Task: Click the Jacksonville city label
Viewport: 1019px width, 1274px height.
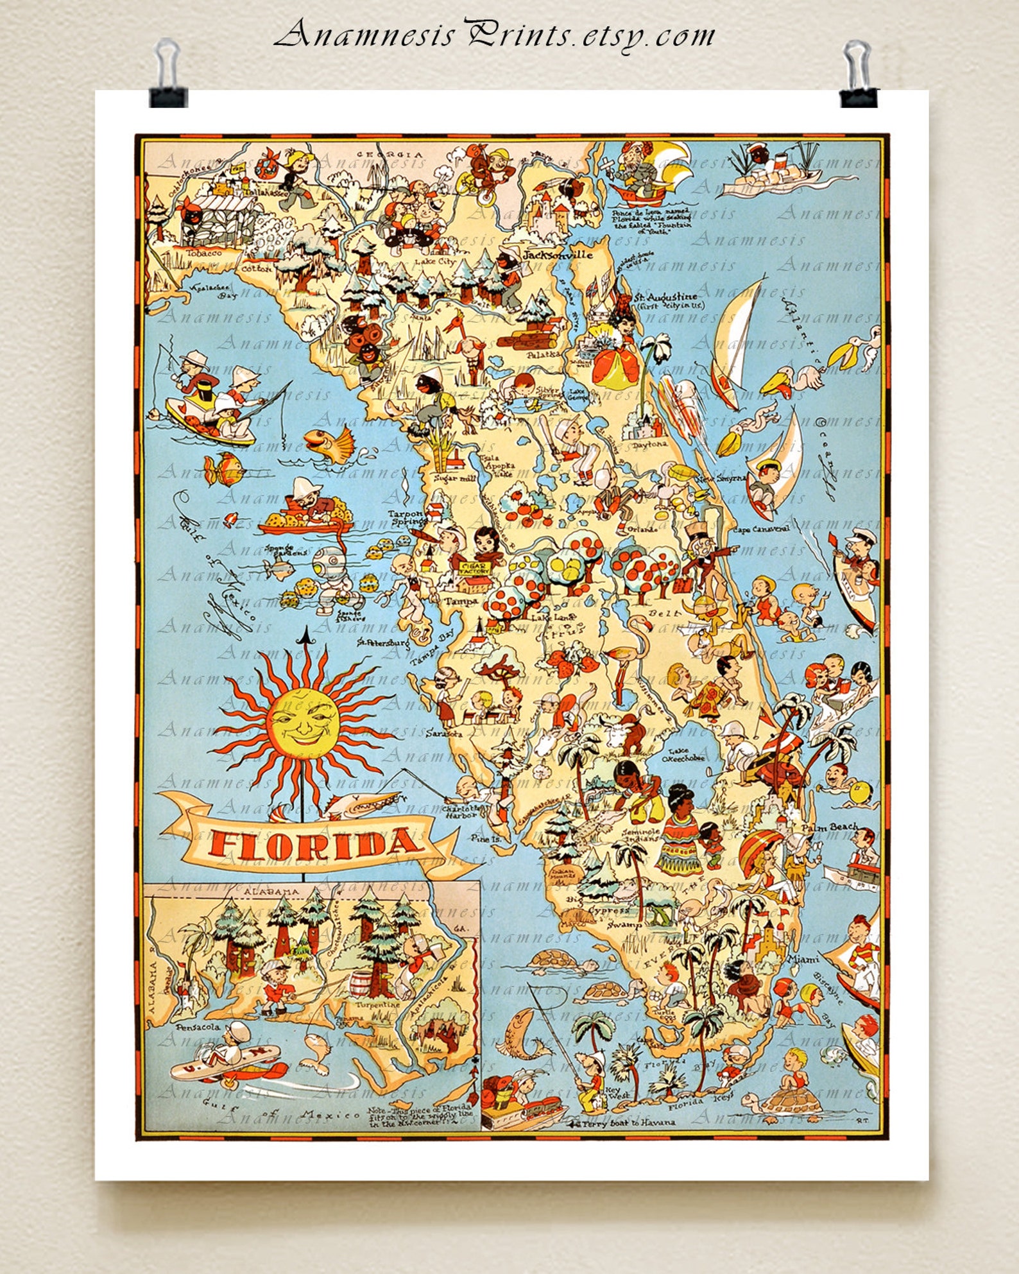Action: point(557,254)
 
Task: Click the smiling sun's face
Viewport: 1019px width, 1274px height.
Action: point(303,719)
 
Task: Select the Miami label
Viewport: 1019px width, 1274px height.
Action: point(803,960)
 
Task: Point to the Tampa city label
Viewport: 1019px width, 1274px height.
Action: point(461,601)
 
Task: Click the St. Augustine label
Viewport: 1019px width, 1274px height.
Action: point(665,298)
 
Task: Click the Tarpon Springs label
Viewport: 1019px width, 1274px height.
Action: point(407,517)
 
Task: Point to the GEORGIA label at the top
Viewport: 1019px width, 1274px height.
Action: point(391,155)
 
